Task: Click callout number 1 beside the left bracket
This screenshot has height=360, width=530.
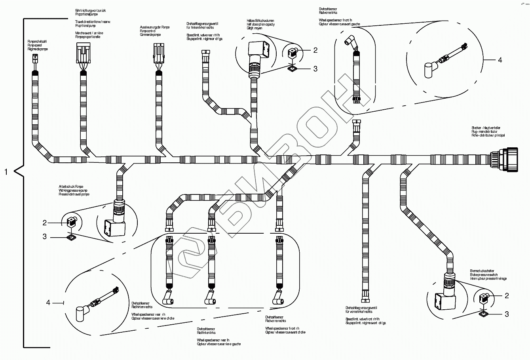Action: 6,172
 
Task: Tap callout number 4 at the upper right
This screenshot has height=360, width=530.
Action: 500,60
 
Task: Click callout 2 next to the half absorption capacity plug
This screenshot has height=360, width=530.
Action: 315,50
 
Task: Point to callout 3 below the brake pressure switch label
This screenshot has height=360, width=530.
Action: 506,314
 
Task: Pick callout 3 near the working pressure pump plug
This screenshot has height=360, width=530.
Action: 45,236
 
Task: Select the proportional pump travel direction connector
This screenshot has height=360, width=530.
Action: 83,53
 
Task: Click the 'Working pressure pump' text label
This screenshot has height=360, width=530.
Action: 74,190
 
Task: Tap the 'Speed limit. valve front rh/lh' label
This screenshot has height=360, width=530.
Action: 363,319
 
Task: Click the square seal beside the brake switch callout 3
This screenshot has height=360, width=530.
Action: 482,314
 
